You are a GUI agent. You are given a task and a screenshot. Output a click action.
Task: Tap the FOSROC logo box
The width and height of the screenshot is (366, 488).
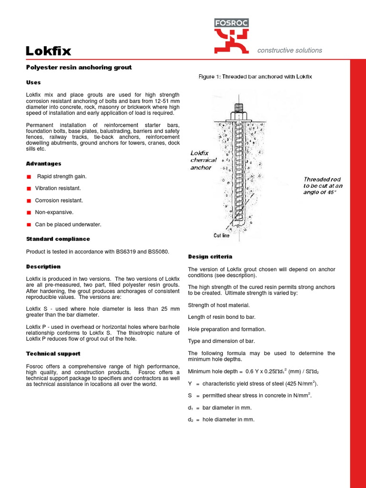click(231, 23)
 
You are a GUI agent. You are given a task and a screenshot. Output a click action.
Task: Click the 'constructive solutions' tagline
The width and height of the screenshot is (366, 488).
click(289, 50)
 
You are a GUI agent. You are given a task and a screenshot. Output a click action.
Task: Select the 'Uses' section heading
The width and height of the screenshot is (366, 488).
click(33, 82)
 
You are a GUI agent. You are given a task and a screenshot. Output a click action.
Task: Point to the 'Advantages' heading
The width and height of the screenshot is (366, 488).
click(43, 163)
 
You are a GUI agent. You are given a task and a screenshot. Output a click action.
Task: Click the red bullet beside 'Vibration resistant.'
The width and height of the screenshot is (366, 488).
click(29, 189)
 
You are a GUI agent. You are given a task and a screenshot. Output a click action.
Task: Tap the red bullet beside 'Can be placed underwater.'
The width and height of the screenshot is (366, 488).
click(29, 224)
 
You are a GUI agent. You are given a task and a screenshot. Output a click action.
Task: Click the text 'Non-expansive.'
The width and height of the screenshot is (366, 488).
click(54, 213)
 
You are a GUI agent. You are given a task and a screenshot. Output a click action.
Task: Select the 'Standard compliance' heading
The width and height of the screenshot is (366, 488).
click(58, 239)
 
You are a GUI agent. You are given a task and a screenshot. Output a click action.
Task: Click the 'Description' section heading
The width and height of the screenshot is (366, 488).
click(43, 266)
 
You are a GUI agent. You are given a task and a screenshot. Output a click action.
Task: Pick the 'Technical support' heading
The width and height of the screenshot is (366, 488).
click(53, 354)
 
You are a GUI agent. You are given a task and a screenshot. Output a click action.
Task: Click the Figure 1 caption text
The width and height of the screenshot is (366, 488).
click(255, 77)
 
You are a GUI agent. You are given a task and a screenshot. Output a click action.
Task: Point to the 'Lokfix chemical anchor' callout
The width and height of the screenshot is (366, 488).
click(203, 161)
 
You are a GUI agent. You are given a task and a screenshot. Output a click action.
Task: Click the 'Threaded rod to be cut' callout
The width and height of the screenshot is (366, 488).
click(323, 186)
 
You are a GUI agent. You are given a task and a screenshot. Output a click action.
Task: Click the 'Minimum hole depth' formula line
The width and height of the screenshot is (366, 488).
click(257, 371)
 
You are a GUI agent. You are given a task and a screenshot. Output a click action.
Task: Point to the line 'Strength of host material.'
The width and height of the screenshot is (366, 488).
click(219, 305)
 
